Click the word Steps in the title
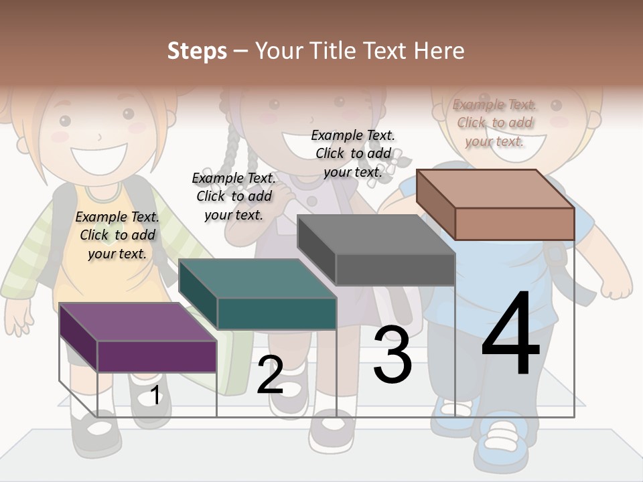coord(197,51)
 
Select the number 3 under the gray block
coord(392,354)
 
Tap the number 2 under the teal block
coord(270,375)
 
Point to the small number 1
coord(155,395)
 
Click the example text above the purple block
coord(117,235)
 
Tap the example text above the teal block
coord(234,196)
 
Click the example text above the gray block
coord(353,153)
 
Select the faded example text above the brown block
coord(494,123)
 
